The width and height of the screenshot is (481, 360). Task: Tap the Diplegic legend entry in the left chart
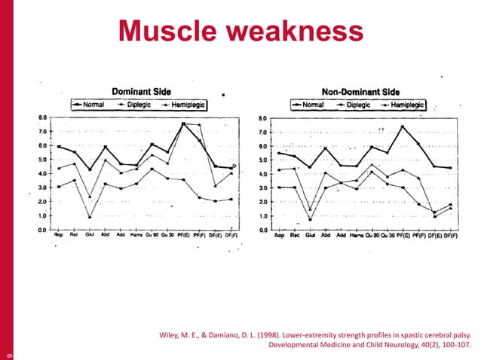145,105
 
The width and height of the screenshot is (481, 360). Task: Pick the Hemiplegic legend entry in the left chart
189,105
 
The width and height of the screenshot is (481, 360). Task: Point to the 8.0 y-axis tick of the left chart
44,118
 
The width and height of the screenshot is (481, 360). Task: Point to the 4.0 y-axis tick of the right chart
261,174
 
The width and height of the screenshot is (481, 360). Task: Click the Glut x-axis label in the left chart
90,235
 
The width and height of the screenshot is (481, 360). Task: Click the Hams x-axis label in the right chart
357,235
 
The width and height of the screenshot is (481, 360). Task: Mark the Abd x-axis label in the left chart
106,235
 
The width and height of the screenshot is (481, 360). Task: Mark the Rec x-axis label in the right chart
294,235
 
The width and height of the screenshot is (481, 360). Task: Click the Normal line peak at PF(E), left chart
183,124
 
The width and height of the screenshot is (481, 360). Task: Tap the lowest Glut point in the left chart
90,217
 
